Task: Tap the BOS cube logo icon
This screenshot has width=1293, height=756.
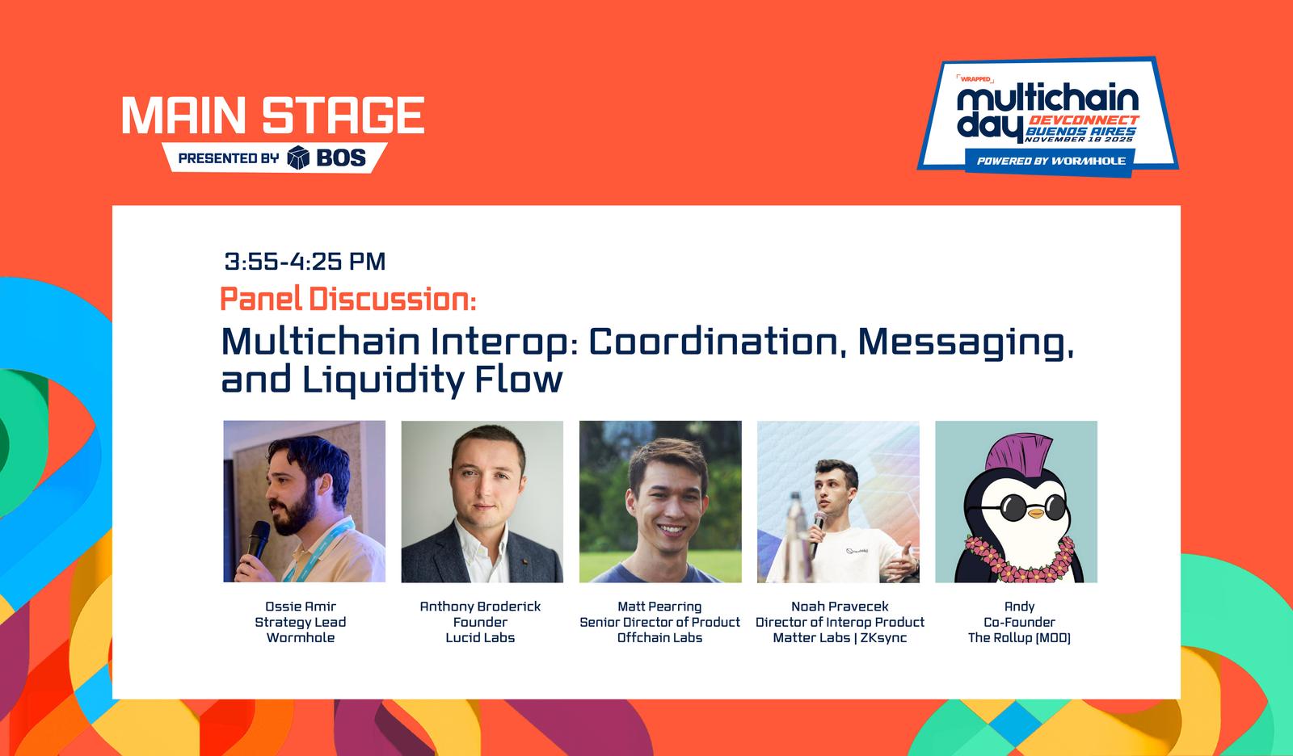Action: click(298, 157)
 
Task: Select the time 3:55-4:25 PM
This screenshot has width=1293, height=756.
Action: click(305, 262)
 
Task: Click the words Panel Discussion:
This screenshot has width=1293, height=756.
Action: click(348, 299)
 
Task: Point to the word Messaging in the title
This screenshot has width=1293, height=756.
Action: click(966, 343)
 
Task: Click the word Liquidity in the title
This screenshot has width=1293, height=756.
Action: click(382, 380)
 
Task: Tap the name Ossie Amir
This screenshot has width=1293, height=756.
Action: click(300, 607)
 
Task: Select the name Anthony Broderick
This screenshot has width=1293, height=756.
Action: click(480, 607)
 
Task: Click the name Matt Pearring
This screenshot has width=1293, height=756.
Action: click(659, 607)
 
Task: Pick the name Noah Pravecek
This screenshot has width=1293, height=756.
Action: click(840, 607)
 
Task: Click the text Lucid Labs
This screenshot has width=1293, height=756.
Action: click(480, 638)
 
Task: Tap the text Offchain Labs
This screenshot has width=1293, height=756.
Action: click(659, 638)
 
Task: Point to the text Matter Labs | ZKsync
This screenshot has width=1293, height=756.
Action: click(840, 638)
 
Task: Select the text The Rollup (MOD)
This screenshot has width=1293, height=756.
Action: click(1019, 638)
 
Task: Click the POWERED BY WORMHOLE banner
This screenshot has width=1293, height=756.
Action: click(1051, 161)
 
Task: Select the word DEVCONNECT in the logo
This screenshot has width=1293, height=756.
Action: click(1084, 120)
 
